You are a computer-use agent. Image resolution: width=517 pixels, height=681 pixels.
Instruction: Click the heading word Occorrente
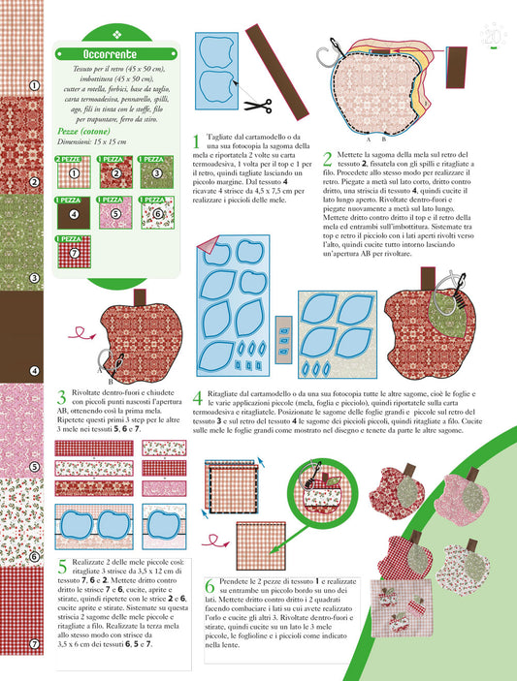coord(110,54)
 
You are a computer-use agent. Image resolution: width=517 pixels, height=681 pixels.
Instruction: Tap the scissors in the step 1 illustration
coord(258,106)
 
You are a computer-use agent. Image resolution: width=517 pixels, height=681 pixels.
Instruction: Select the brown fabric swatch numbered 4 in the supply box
coord(74,213)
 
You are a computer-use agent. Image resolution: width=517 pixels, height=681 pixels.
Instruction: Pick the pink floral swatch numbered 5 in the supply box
coord(115,213)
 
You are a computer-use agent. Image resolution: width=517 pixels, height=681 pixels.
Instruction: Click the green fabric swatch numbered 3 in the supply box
coord(156,172)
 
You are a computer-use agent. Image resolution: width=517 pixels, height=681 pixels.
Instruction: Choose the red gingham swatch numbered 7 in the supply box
coord(74,252)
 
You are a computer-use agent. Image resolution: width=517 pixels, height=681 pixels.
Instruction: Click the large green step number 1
coord(197,141)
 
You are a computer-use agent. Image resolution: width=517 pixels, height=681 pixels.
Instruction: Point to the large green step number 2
coord(328,159)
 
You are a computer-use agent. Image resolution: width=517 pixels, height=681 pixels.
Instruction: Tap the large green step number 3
coord(62,397)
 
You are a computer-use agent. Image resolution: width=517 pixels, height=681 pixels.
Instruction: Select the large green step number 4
coord(198,398)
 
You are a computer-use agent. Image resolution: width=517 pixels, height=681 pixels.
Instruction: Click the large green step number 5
coord(63,567)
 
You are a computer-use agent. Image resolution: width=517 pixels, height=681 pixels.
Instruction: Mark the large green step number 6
coord(210,586)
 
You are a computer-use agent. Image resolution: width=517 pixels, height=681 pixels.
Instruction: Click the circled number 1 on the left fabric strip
coord(34,85)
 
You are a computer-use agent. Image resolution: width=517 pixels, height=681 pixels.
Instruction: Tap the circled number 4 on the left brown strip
coord(34,371)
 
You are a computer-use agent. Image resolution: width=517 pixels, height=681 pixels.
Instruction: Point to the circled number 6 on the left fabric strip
coord(34,557)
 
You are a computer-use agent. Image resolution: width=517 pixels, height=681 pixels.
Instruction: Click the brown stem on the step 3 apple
coord(140,297)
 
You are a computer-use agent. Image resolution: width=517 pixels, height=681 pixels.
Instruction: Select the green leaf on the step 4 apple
coord(450,315)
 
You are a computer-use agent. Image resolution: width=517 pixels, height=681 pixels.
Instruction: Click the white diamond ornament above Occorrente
coord(117,35)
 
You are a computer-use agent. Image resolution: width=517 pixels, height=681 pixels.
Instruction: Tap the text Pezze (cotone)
coord(83,131)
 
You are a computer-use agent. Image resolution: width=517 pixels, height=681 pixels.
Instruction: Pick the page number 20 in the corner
coord(493,36)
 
